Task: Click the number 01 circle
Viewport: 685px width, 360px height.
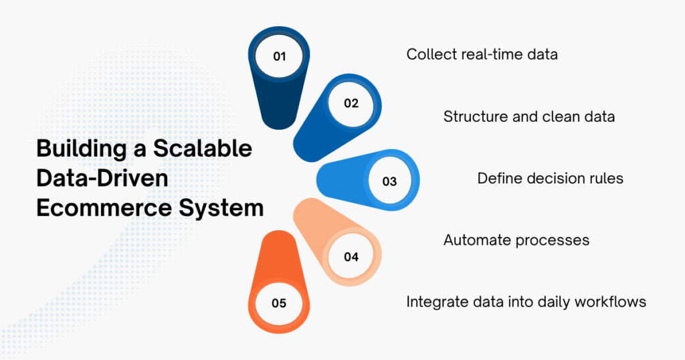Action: [x=279, y=57]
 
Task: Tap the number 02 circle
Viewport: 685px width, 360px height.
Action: [x=351, y=104]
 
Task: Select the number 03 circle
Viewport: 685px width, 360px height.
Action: [x=389, y=181]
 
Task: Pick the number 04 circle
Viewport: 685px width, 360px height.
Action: [x=351, y=257]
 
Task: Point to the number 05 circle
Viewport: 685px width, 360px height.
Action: [x=279, y=304]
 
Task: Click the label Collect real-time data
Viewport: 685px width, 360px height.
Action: [x=482, y=54]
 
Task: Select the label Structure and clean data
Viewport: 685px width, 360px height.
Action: [x=528, y=116]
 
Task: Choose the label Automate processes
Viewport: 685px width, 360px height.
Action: [x=516, y=240]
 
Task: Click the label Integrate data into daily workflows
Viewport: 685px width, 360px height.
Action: [x=526, y=302]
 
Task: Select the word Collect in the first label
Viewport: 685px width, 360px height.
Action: [x=431, y=54]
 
